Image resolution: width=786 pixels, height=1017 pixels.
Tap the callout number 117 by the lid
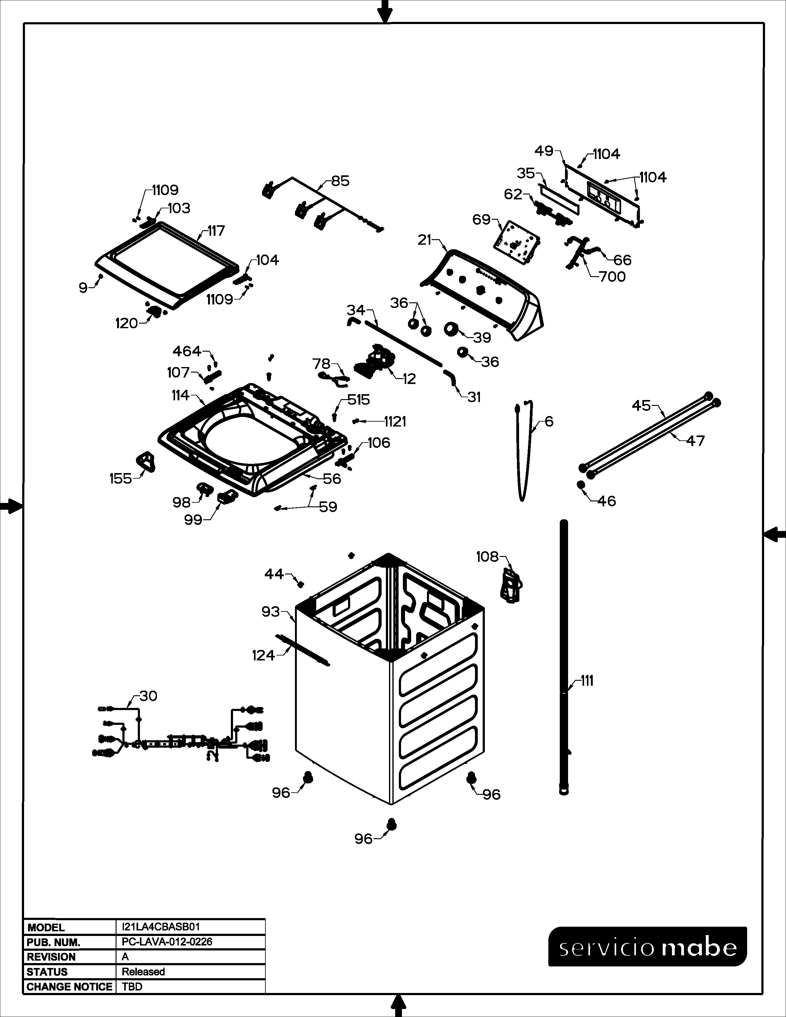click(215, 231)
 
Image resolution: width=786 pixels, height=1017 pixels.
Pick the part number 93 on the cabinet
click(271, 611)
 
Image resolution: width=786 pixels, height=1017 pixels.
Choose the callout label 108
click(487, 557)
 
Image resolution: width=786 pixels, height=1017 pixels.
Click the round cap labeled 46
click(581, 485)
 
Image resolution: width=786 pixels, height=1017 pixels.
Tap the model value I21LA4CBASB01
click(161, 927)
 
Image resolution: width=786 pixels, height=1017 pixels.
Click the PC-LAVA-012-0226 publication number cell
click(167, 941)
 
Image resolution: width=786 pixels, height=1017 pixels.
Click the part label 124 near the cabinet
click(263, 656)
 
